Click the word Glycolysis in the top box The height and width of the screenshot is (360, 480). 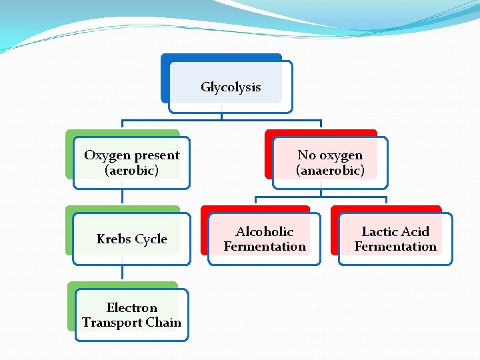coord(231,87)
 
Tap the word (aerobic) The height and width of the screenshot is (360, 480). coord(131,171)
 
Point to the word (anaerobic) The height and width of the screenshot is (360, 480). coord(330,171)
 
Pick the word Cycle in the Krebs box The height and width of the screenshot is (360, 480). coord(151,239)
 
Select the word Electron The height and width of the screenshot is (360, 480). coord(131,307)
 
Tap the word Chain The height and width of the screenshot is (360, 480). coord(163,323)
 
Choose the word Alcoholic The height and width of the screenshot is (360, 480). coord(264,231)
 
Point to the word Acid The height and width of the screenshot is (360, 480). coord(415,231)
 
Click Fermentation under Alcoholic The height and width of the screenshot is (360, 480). coord(265,247)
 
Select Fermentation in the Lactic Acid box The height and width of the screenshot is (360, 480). coord(395,247)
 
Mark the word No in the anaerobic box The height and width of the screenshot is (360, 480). coord(306,155)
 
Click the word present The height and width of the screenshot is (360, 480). coord(157,155)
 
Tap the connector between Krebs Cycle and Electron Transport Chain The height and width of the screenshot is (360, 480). coord(123,272)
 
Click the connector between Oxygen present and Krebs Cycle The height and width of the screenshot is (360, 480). coord(123,196)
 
